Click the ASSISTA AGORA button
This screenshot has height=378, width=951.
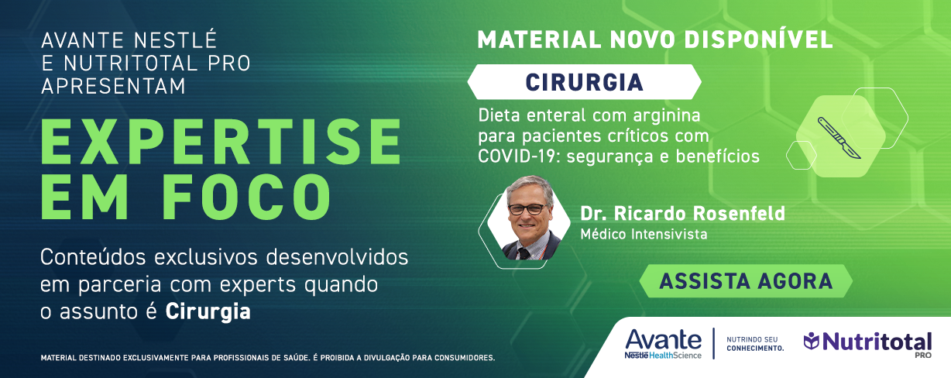pos(746,281)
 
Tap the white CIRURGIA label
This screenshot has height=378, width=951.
pos(584,82)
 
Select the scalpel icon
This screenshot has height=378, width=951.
pos(839,138)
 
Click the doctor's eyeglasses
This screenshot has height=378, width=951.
pos(527,209)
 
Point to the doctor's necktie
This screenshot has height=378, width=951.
pos(524,253)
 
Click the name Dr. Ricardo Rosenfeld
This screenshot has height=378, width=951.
pos(683,213)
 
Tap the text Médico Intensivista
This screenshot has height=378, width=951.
pos(644,234)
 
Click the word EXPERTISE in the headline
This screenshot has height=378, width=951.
pos(221,142)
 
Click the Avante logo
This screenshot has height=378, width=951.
pos(663,344)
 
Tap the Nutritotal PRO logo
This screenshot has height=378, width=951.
pos(868,343)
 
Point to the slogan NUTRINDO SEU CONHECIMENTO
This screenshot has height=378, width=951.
pos(755,344)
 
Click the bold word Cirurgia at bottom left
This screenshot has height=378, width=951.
pos(208,311)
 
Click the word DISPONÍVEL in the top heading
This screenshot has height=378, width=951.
pos(758,40)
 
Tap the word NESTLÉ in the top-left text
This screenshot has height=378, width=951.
pos(175,40)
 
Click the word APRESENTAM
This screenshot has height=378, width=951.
pos(113,86)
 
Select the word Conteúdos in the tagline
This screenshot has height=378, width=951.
pos(93,257)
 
